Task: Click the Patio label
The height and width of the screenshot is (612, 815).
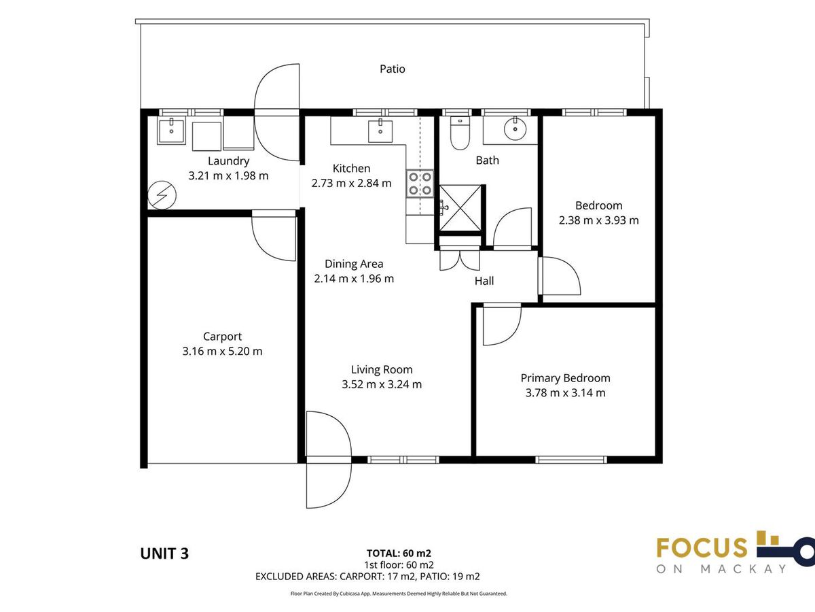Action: [x=392, y=69]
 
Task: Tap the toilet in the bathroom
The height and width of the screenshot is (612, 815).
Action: [x=460, y=133]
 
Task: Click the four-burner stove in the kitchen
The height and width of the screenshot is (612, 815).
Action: [x=420, y=183]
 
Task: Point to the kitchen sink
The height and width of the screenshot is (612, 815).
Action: [x=380, y=131]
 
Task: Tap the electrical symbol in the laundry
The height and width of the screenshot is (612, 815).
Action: [x=162, y=195]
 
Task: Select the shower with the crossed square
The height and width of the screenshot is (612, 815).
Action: [x=460, y=207]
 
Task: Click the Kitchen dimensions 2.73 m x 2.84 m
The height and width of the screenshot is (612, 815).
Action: [x=351, y=183]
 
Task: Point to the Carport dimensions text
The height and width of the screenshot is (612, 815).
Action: [x=222, y=351]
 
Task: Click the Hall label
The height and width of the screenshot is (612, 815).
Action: [x=484, y=281]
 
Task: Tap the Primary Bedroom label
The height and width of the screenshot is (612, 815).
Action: [x=565, y=378]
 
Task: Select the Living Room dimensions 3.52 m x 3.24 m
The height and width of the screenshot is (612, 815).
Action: [x=382, y=384]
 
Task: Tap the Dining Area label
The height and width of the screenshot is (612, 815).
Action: [x=354, y=264]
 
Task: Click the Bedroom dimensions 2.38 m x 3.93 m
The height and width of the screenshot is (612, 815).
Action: [x=598, y=220]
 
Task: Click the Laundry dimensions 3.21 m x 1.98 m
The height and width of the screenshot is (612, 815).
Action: [x=228, y=175]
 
